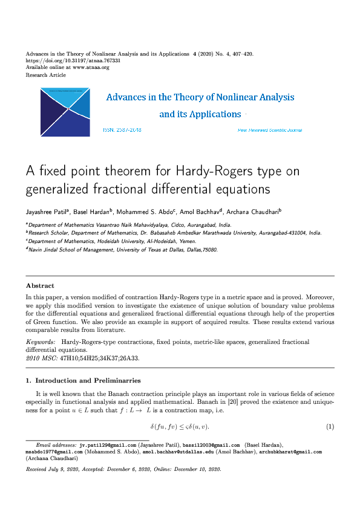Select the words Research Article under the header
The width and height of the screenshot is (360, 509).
46,75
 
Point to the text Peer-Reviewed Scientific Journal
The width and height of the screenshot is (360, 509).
270,131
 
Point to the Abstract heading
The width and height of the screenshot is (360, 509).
40,285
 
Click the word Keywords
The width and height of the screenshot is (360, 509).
38,342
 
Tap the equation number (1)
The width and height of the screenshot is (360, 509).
330,427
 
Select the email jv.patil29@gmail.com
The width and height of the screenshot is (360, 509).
103,444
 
